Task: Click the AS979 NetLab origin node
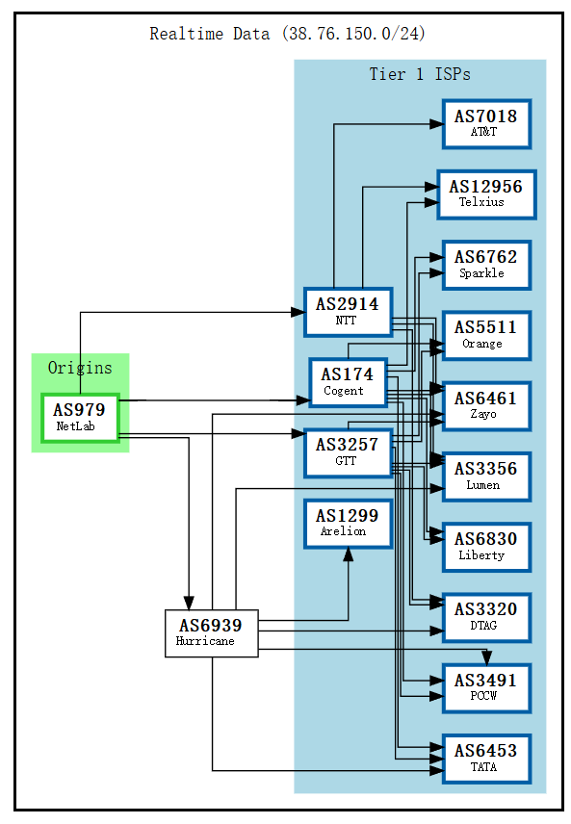click(80, 417)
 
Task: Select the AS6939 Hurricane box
click(211, 632)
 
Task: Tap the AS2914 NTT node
click(348, 311)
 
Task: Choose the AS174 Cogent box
click(348, 382)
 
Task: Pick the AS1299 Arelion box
click(348, 523)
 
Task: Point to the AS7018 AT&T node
click(486, 123)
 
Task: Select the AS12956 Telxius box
click(486, 193)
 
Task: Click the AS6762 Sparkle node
click(486, 264)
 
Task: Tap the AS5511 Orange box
click(486, 335)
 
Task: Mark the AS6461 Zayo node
click(486, 405)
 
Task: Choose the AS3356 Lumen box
click(486, 476)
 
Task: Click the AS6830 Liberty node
click(486, 546)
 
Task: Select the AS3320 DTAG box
click(486, 616)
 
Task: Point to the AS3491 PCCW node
click(486, 686)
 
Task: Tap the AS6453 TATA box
click(486, 758)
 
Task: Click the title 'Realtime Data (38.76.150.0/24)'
click(287, 34)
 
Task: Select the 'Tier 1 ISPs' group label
click(420, 74)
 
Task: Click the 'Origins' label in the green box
click(80, 368)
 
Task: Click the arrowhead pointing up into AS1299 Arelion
click(348, 555)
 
